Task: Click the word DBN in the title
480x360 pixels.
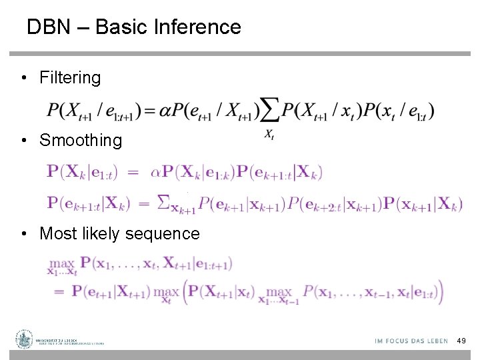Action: tap(48, 27)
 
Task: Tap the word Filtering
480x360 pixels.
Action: tap(70, 78)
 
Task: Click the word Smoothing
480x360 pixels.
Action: tap(81, 141)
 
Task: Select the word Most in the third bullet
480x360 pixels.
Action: tap(57, 234)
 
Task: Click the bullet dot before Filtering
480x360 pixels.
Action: tap(23, 78)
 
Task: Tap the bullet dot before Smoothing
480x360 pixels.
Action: tap(23, 141)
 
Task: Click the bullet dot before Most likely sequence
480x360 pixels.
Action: tap(23, 234)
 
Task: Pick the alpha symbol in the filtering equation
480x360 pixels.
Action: tap(167, 111)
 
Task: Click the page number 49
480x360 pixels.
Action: tap(461, 341)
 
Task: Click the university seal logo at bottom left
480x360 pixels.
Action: tap(25, 339)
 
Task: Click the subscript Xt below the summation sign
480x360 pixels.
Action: tap(269, 135)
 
